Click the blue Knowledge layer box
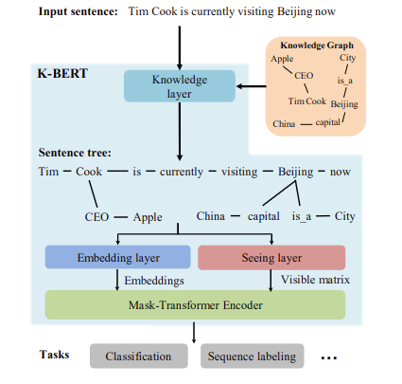(x=180, y=86)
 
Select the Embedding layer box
(x=118, y=257)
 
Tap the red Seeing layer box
(x=271, y=258)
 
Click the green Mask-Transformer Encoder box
(x=195, y=305)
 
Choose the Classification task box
(x=139, y=357)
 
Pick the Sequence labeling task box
(x=252, y=357)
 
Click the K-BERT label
(x=62, y=73)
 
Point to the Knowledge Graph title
(x=317, y=46)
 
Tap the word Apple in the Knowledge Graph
(x=282, y=59)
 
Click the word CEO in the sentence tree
(x=96, y=217)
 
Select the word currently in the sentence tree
(x=182, y=172)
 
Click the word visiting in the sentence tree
(x=239, y=172)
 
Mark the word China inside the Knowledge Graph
(x=284, y=123)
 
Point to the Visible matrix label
(x=315, y=280)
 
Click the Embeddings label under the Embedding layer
(x=154, y=281)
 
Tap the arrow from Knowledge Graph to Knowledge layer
(x=252, y=86)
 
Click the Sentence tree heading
(x=75, y=153)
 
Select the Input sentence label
(x=78, y=11)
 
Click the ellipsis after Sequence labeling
(x=329, y=358)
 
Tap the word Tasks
(x=54, y=355)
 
